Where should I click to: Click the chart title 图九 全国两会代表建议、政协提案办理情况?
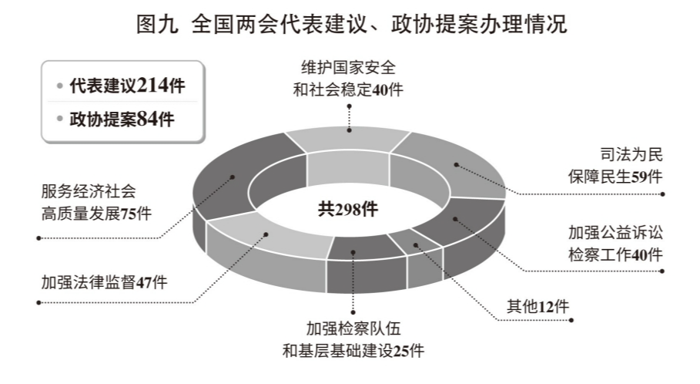point(350,25)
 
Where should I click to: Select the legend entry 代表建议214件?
point(127,86)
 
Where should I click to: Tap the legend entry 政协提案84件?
point(122,119)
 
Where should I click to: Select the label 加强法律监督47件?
point(104,282)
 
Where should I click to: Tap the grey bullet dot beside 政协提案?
point(59,120)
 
